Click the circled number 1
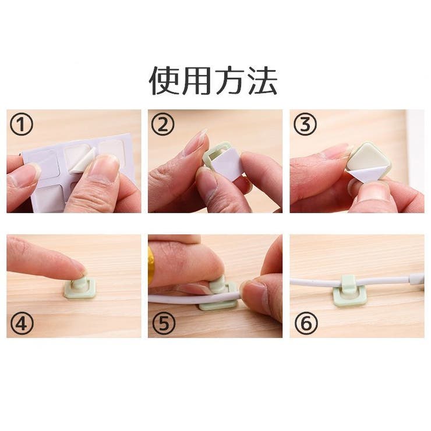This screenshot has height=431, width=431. click(22, 125)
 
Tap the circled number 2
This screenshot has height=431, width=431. click(162, 125)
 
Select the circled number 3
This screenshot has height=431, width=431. click(305, 125)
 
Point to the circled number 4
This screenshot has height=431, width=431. click(22, 323)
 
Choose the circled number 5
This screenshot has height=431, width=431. click(163, 323)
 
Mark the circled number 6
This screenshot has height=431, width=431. click(306, 323)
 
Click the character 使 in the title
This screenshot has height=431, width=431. click(164, 80)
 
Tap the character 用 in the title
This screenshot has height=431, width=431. click(196, 80)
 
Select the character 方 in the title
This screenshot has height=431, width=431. click(229, 80)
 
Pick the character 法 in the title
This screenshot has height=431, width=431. click(263, 80)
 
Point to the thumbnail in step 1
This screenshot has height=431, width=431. click(104, 168)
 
